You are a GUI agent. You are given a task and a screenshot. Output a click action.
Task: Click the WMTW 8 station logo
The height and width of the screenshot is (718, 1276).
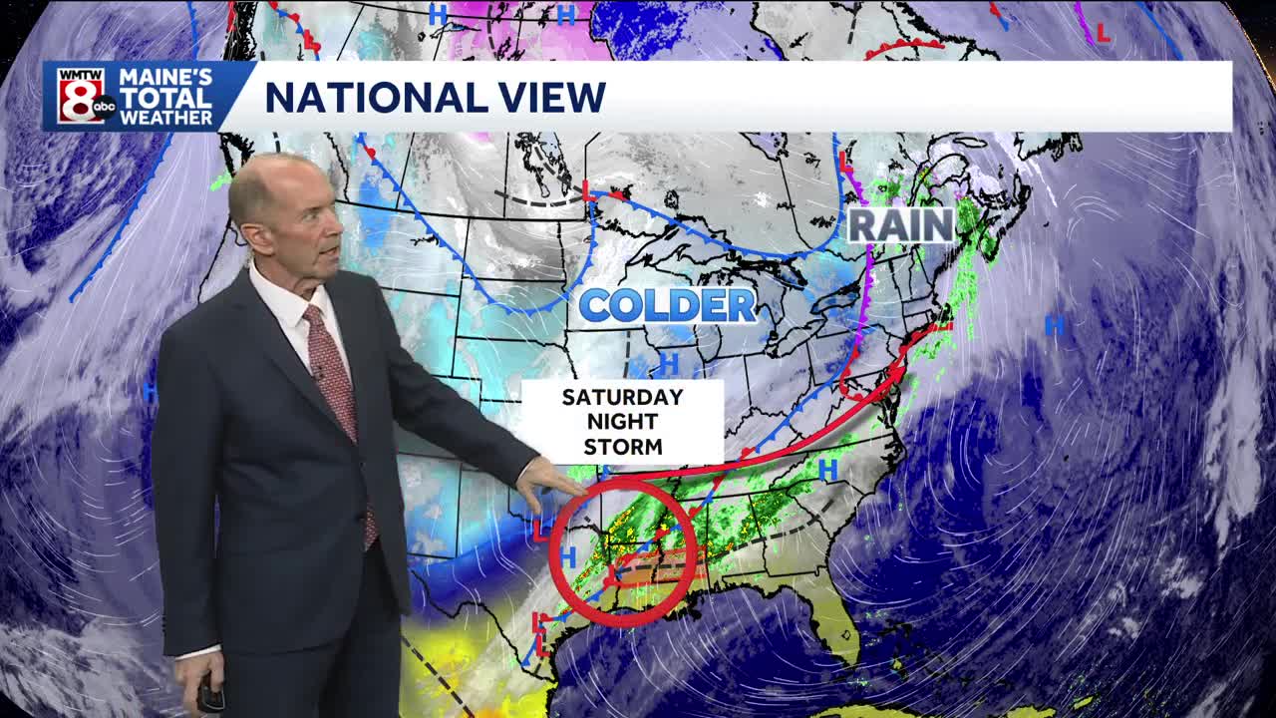point(81,96)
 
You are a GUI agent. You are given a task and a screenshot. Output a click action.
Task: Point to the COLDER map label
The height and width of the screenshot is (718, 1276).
point(667,305)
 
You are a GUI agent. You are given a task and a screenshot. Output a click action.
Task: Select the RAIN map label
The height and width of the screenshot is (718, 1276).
point(901,225)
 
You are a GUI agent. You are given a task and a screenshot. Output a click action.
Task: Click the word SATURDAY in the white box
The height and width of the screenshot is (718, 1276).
point(622,397)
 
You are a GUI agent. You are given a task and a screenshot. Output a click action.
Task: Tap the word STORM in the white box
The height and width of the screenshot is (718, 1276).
point(622,447)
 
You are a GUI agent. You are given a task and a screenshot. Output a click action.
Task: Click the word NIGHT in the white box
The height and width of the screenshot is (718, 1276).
point(622,422)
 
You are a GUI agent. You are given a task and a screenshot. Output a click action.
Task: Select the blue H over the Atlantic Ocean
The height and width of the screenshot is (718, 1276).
point(1053,324)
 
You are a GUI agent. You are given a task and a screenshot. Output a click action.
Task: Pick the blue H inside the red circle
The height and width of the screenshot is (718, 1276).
point(569,555)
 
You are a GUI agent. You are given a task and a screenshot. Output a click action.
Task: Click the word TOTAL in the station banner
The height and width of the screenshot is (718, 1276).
point(165,98)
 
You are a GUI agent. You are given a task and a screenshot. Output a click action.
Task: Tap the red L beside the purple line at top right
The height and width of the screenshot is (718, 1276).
point(1103,33)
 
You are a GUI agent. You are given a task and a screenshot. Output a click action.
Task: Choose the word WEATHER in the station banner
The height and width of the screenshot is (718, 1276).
point(165,117)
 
